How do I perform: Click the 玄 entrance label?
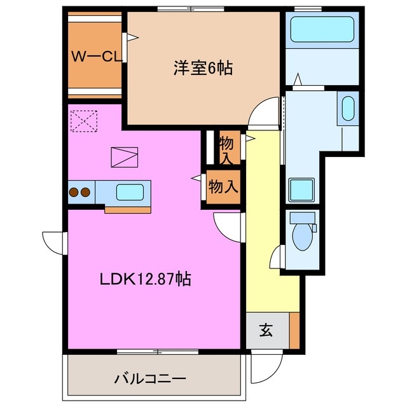266,331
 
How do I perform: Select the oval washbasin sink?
348,108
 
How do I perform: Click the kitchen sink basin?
131,191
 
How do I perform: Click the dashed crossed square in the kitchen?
83,121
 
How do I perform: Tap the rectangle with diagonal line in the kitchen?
123,156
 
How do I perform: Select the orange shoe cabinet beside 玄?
294,331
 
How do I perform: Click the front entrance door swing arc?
267,366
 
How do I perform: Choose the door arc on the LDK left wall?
53,244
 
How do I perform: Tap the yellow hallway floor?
263,242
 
